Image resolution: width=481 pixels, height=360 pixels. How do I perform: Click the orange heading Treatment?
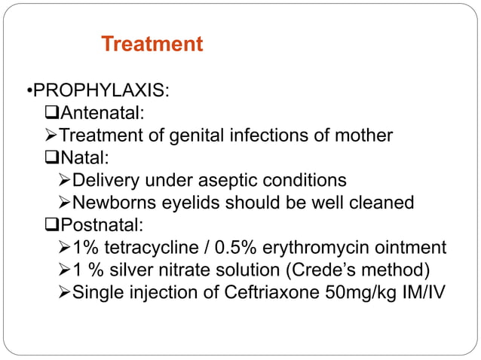(x=152, y=44)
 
